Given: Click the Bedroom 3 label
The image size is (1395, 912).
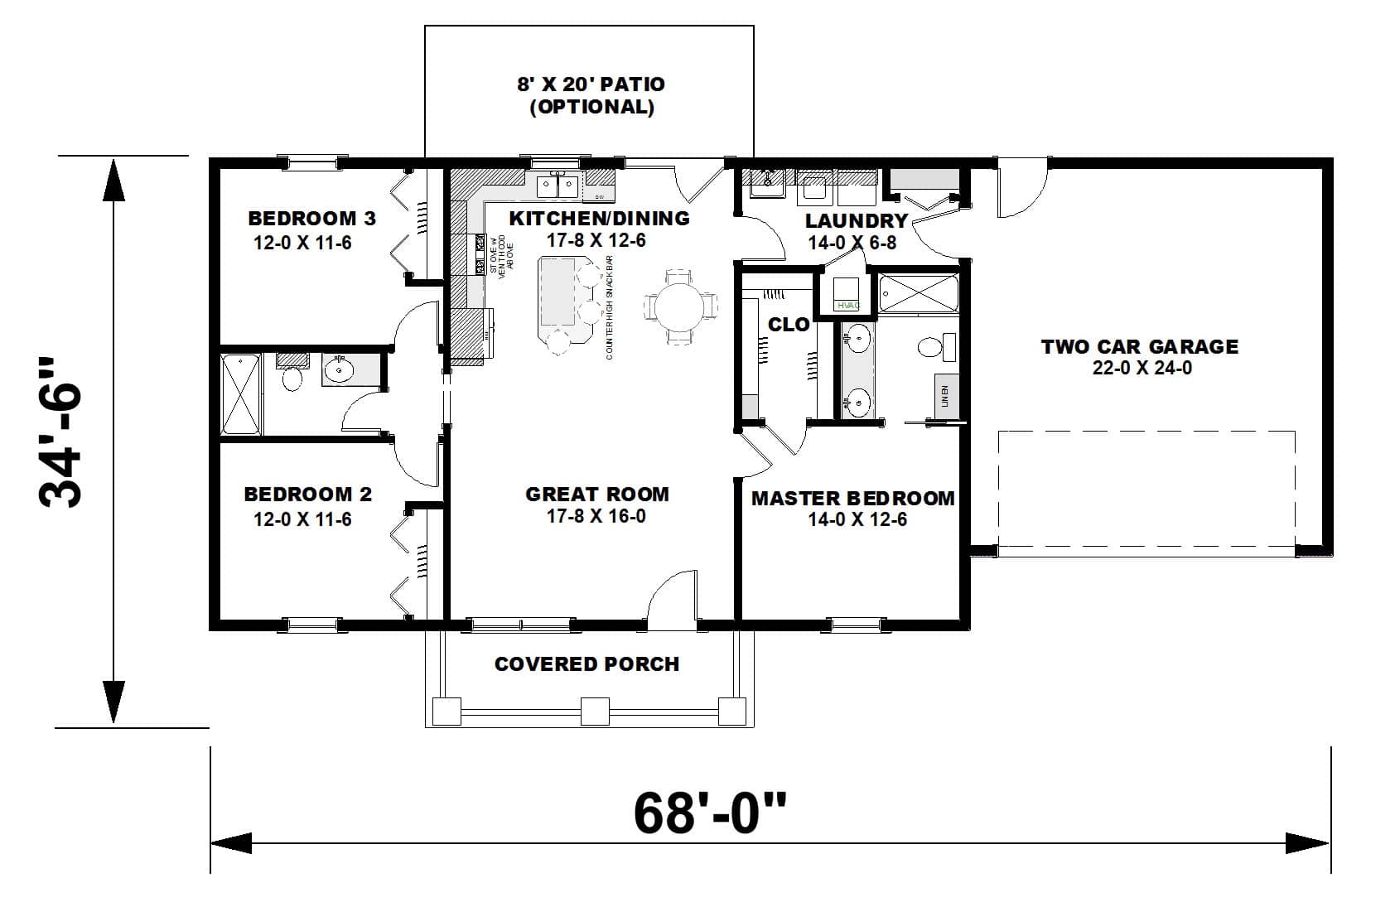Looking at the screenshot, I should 311,219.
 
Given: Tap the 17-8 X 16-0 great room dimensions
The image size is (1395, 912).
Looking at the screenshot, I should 596,517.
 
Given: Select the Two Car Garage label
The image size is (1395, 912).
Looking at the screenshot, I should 1140,347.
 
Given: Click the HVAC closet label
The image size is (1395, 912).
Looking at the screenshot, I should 848,306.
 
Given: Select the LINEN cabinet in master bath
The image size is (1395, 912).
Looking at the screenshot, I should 946,395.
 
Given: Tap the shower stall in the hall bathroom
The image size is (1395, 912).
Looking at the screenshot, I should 241,394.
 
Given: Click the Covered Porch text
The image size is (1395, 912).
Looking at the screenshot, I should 586,664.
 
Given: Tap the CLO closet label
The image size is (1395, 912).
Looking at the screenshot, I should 788,325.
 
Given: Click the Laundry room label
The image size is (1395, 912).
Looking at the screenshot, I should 857,221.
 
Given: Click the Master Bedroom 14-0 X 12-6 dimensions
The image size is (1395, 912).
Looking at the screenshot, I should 857,520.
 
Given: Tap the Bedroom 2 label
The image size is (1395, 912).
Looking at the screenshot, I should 307,495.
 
